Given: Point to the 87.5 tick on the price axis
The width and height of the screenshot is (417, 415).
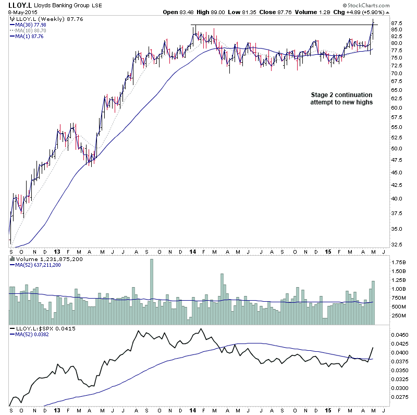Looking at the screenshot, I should click(398, 23).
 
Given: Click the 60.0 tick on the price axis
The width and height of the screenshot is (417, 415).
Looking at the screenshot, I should click(398, 108).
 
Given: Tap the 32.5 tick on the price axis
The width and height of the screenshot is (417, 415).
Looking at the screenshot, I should click(398, 244).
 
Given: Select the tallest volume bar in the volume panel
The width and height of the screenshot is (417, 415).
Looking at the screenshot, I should click(152, 291).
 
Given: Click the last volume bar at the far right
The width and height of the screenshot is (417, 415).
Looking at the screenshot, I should click(373, 303).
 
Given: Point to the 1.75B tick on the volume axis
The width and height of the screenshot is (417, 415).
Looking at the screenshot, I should click(399, 262).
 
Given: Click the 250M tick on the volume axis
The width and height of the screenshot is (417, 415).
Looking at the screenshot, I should click(399, 315).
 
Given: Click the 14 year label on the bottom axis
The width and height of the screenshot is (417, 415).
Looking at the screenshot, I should click(192, 410).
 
